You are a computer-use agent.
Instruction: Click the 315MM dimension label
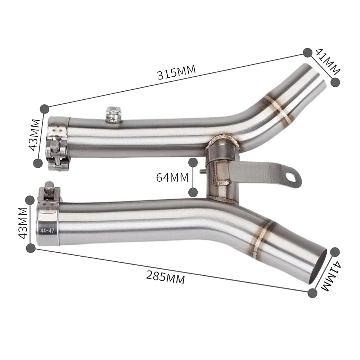pyautogui.click(x=176, y=72)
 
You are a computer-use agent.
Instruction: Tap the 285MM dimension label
pyautogui.click(x=165, y=277)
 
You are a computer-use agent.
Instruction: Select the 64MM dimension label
pyautogui.click(x=172, y=177)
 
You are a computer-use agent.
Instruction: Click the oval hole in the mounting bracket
pyautogui.click(x=292, y=176)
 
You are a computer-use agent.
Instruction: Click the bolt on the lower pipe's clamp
pyautogui.click(x=48, y=189)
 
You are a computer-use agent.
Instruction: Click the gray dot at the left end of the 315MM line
pyautogui.click(x=44, y=108)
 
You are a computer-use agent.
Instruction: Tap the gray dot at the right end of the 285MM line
pyautogui.click(x=312, y=292)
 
